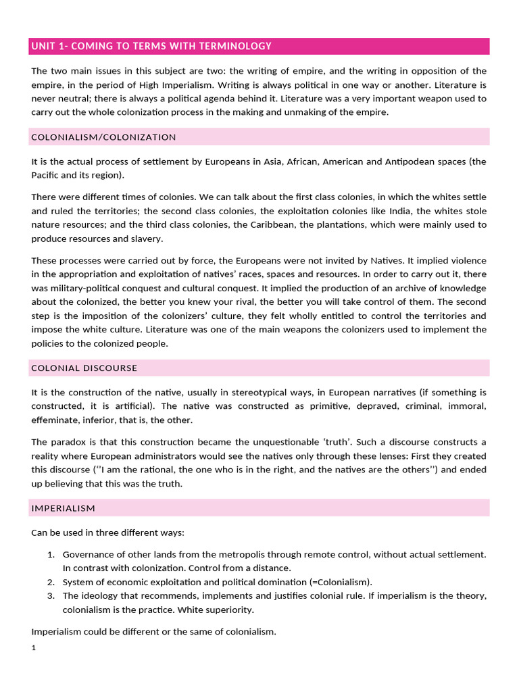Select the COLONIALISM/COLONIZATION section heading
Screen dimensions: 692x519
pos(103,137)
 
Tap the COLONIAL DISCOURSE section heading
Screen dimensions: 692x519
pos(84,368)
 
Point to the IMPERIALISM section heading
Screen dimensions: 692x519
pos(64,508)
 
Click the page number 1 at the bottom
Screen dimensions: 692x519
pos(34,648)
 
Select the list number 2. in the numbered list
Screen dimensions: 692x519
pos(51,582)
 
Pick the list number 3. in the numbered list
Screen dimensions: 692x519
pos(51,595)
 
